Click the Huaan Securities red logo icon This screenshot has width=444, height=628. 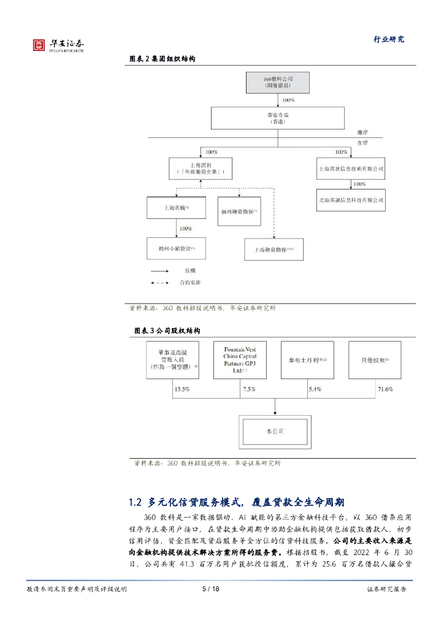(x=39, y=44)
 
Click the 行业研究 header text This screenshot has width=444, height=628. (x=389, y=39)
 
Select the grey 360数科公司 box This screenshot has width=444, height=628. (x=278, y=83)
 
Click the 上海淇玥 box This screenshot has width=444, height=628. (x=202, y=169)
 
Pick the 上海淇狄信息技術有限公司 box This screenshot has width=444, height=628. (x=351, y=167)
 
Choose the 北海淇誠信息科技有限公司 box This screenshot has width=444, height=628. (x=351, y=200)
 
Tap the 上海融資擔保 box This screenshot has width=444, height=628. (x=274, y=249)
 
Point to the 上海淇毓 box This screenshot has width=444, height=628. (x=176, y=208)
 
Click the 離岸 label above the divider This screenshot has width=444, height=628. (x=364, y=132)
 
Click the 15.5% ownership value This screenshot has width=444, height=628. (x=182, y=389)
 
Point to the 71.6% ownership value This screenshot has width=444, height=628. (x=385, y=389)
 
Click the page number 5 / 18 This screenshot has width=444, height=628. (x=210, y=589)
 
